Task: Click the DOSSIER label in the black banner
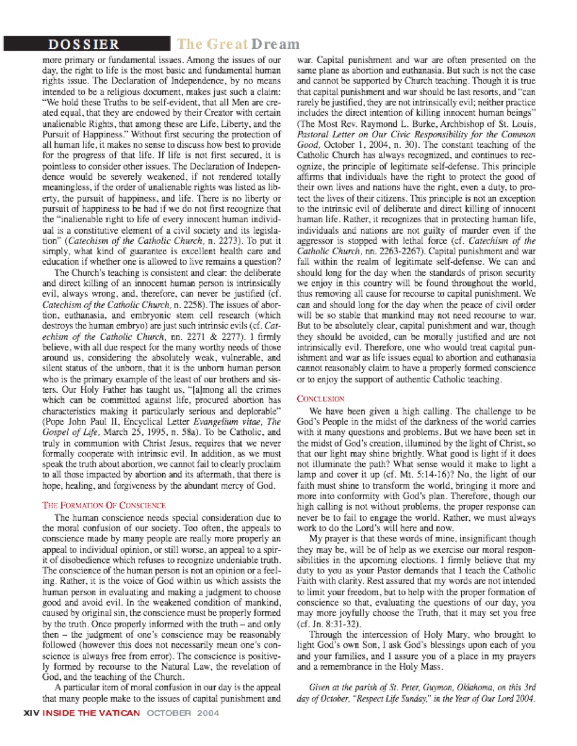84,45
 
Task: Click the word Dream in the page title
275,45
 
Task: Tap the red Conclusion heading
321,399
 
